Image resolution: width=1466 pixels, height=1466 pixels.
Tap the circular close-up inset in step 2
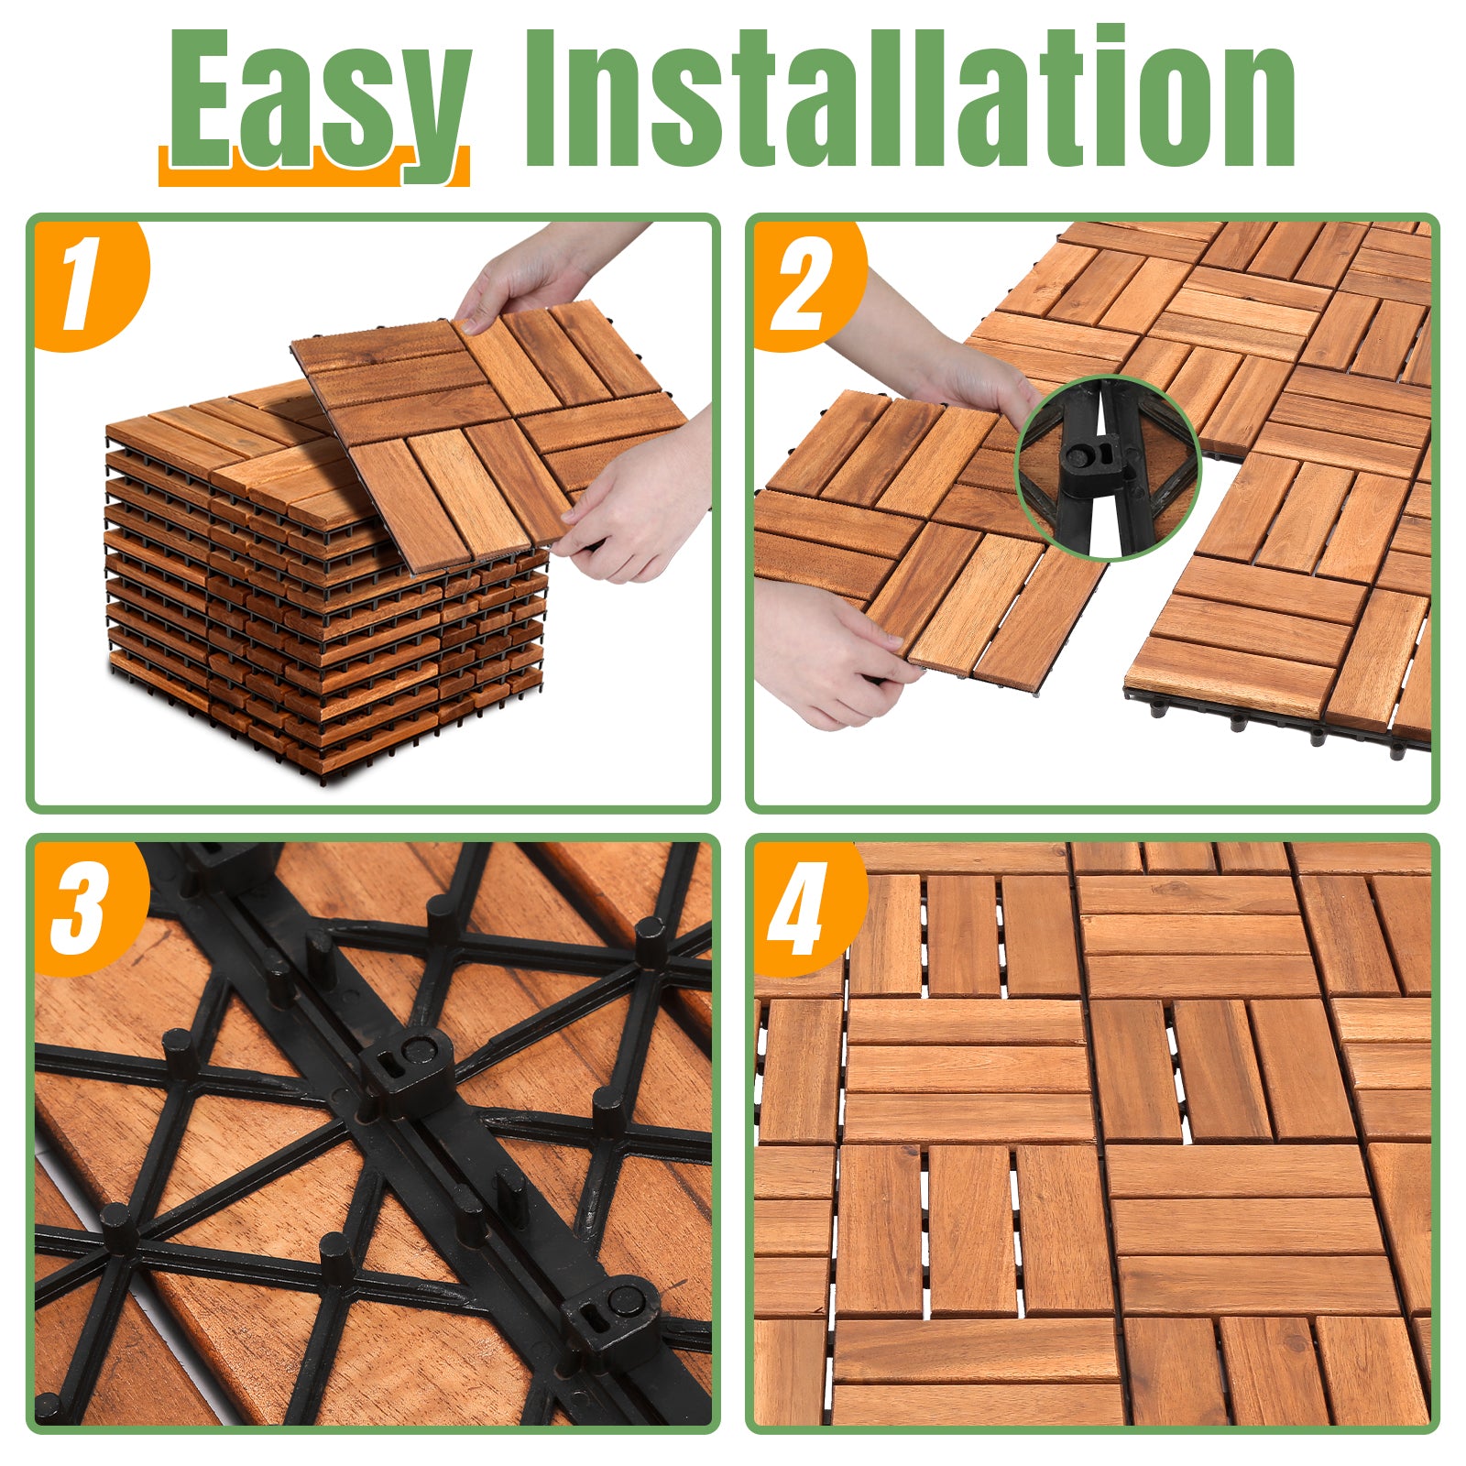pos(1108,468)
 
